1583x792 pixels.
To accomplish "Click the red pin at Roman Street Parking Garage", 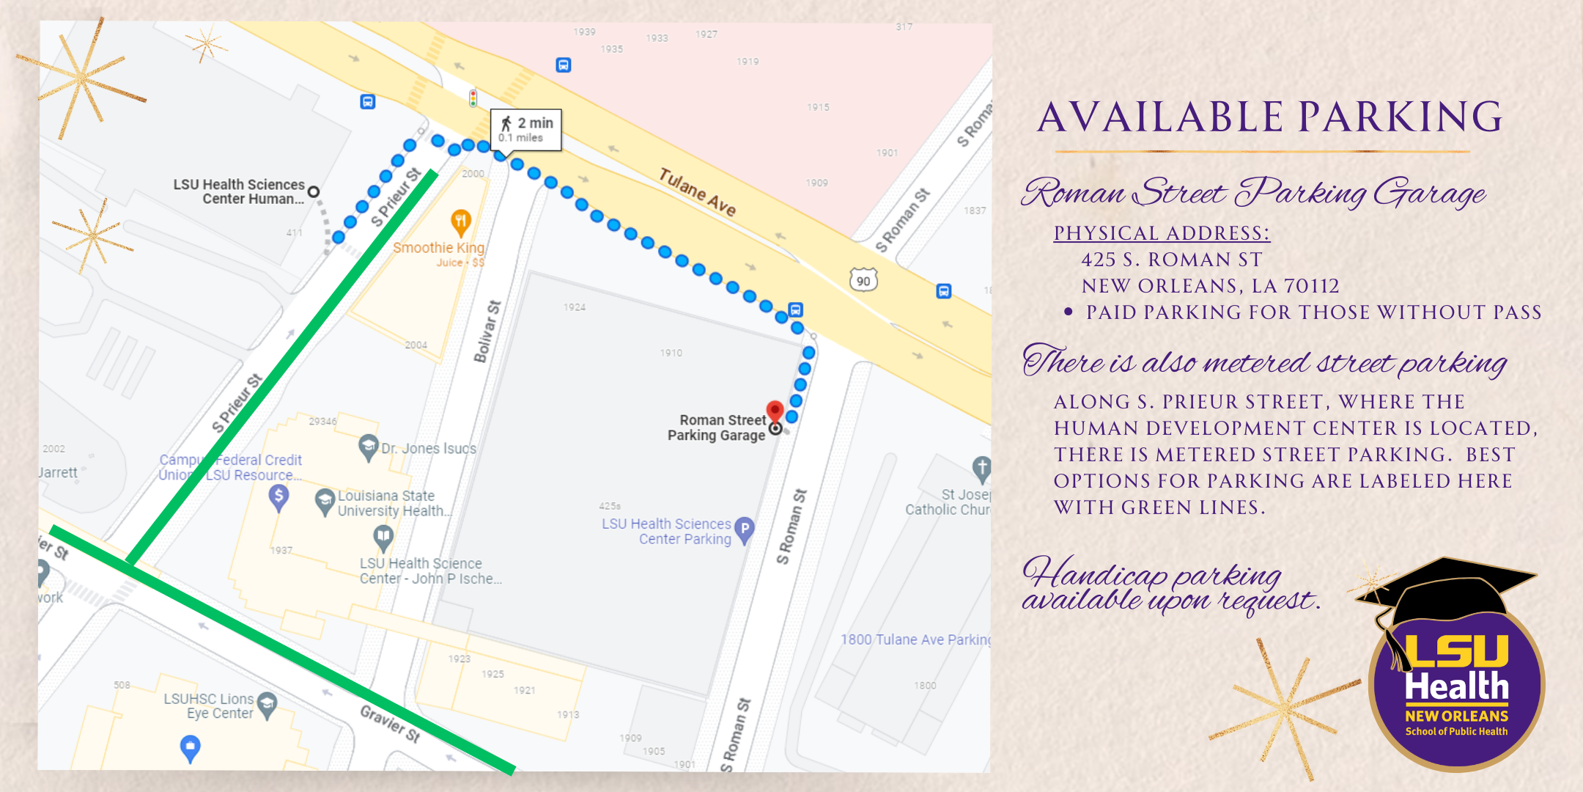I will [x=775, y=410].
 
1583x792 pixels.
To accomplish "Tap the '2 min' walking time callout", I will [x=526, y=129].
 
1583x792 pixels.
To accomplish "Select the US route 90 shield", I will [x=863, y=280].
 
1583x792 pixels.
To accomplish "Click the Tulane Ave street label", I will [x=696, y=191].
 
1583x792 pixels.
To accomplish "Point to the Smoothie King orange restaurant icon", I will [x=460, y=221].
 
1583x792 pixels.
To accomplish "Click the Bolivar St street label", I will [x=487, y=331].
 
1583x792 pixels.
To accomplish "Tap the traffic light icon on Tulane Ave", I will [x=473, y=98].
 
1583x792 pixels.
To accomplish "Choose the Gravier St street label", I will [x=390, y=723].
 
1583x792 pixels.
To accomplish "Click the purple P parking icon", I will [x=745, y=529].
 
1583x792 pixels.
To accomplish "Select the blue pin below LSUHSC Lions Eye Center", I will [x=190, y=747].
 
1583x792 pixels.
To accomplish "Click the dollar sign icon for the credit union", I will [x=278, y=496].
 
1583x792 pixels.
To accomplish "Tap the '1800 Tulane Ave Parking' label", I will [x=915, y=639].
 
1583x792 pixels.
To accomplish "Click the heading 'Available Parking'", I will [x=1270, y=117].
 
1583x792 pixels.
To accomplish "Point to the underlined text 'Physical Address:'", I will [x=1162, y=233].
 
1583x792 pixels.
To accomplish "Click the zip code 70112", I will [x=1311, y=286].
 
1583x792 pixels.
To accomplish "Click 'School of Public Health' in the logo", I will [x=1456, y=731].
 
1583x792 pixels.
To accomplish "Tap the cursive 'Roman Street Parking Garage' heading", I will [x=1253, y=193].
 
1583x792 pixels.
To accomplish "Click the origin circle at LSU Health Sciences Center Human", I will [x=314, y=191].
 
